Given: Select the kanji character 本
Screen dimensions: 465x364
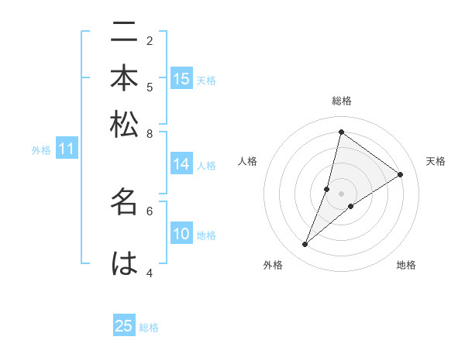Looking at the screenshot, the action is point(124,80).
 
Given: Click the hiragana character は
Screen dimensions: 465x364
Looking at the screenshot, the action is point(124,263).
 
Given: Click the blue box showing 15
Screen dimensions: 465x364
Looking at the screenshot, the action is point(181,79).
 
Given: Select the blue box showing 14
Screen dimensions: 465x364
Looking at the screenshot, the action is point(181,164).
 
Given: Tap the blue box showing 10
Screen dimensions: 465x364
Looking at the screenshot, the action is point(181,235).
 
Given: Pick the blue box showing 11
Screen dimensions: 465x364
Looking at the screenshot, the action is point(67,149).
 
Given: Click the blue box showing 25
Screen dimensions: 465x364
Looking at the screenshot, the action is point(124,326).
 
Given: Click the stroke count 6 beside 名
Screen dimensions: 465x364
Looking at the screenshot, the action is point(150,210).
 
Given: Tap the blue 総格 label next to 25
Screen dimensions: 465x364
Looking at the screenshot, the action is point(149,328).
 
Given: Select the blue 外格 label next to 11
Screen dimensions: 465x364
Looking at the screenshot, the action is point(41,150).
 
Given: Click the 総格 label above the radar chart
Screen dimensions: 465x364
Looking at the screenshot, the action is point(342,101).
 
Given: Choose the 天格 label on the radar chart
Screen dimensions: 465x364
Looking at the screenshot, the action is point(436,161).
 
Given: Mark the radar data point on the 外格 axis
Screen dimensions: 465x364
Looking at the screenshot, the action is point(305,245).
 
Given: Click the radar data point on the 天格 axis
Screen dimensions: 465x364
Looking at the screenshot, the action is point(401,174).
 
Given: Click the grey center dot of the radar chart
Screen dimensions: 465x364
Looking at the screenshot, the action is point(342,194).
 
